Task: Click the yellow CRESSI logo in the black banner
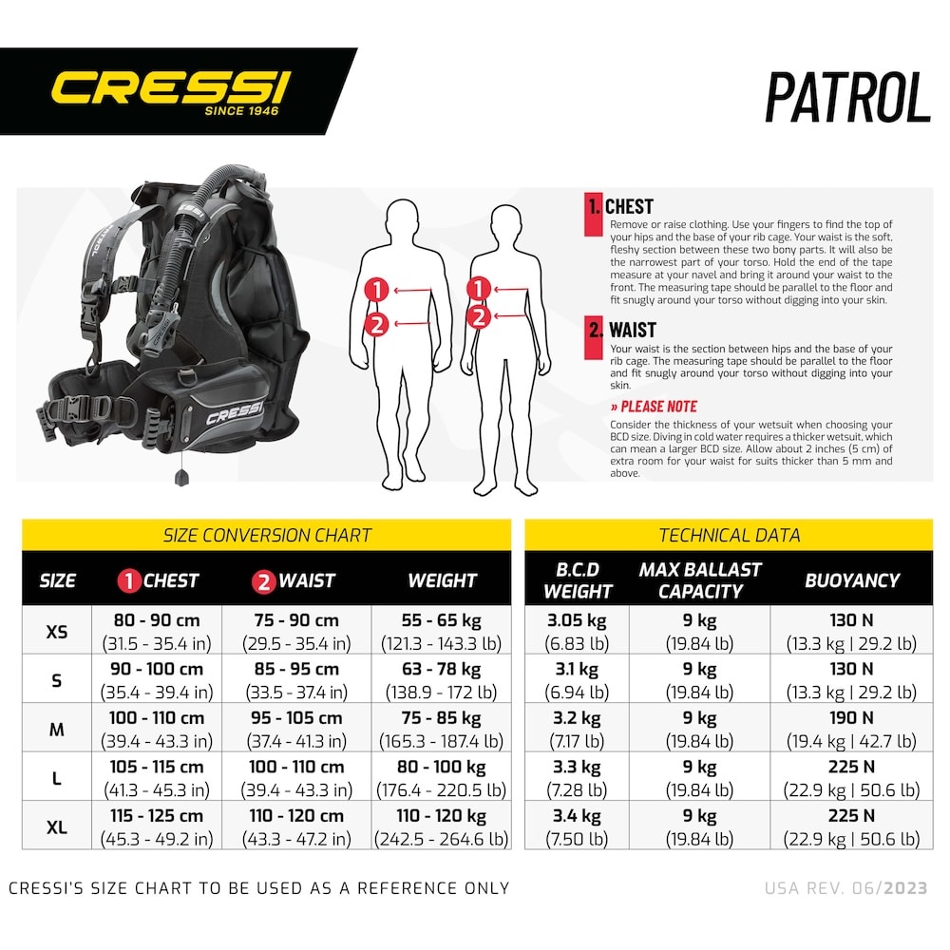171,87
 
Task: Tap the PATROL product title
847,97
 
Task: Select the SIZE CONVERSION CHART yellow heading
267,536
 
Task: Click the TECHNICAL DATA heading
730,536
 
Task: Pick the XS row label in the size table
57,632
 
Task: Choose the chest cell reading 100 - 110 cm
157,729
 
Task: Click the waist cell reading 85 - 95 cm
296,680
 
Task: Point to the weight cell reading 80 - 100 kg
441,778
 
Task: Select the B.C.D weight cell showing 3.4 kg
577,827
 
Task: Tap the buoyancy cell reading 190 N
851,729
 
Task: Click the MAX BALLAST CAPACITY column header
700,579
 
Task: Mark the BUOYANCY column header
852,580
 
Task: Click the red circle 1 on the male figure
376,290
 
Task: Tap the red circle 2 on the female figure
479,317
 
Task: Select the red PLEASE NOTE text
655,407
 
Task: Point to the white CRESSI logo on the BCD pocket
235,414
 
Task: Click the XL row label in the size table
57,827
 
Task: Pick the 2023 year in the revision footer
905,888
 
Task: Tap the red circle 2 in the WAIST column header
264,581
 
